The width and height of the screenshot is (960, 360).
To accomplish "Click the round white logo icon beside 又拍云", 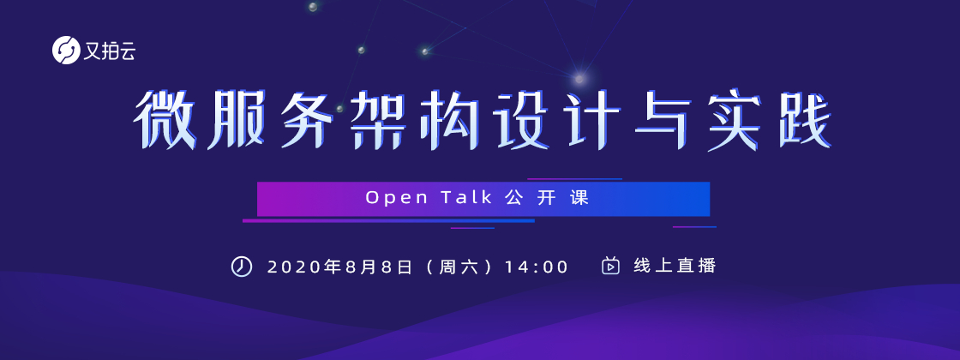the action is click(66, 51).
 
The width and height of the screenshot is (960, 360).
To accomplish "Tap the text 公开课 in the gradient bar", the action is click(548, 198).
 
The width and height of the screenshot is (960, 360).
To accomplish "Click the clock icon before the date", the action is click(241, 267).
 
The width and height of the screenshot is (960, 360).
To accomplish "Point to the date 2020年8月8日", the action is click(339, 267).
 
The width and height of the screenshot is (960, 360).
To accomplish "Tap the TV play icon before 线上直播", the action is click(610, 267).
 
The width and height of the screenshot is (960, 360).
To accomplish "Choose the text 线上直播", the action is click(675, 267).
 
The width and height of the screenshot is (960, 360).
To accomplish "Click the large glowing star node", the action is click(579, 78).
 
